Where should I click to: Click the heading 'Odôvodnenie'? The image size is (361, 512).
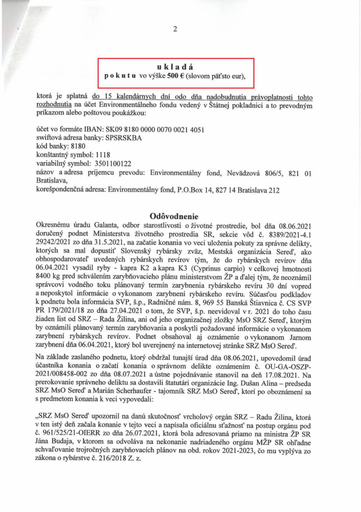tap(178, 216)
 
